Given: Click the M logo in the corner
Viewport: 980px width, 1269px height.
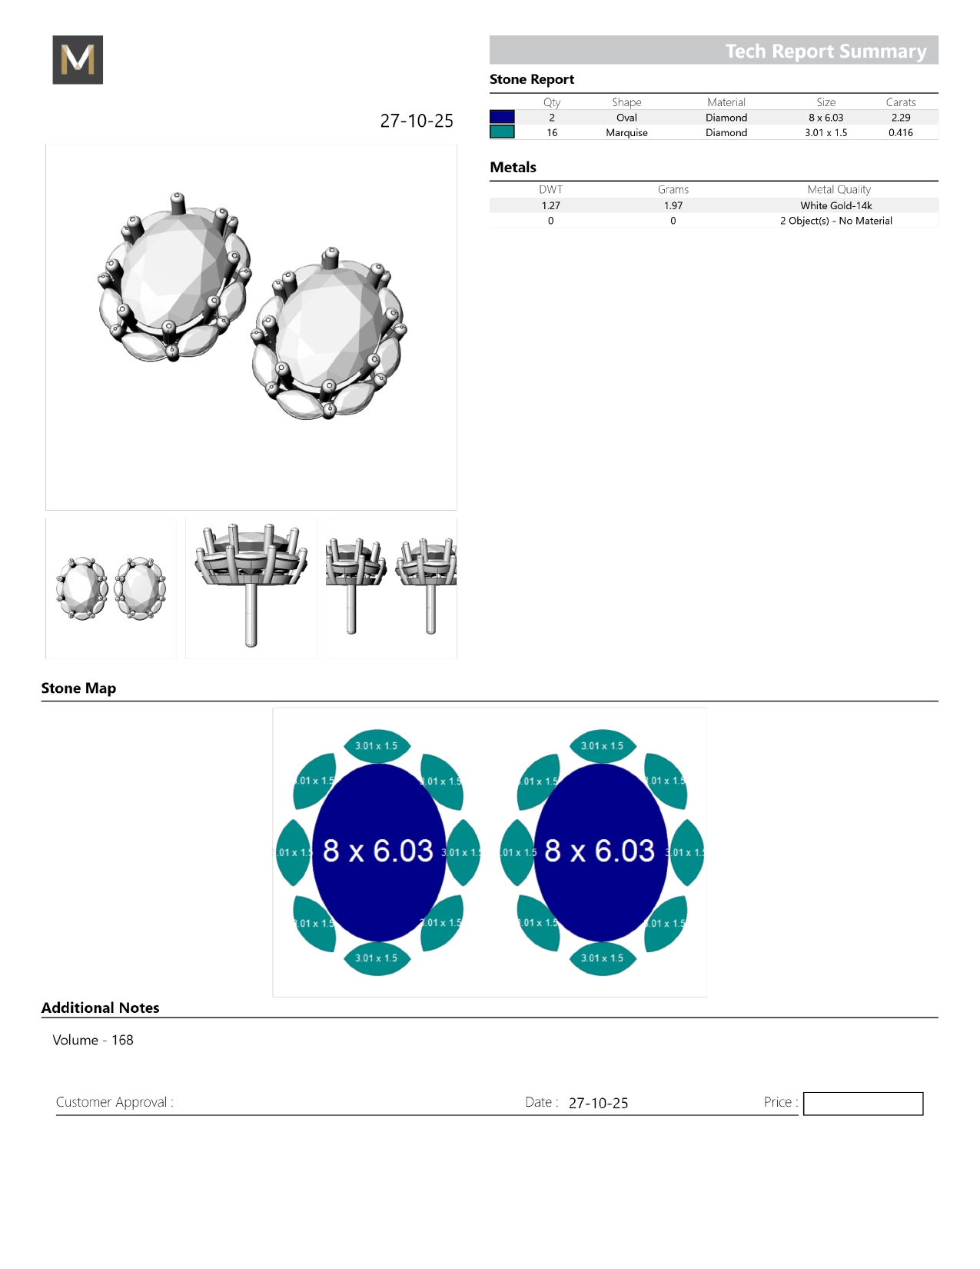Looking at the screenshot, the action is tap(78, 59).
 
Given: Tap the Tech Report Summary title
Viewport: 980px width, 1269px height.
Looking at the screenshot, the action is tap(826, 51).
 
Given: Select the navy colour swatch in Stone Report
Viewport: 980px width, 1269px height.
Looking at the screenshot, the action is tap(502, 117).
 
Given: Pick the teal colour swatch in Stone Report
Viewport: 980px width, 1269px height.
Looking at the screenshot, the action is tap(502, 132).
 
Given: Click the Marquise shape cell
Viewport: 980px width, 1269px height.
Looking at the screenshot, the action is tap(626, 132).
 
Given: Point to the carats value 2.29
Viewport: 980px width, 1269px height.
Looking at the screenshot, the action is tap(901, 118).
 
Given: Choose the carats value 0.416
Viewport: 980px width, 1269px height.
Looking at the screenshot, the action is tap(901, 132).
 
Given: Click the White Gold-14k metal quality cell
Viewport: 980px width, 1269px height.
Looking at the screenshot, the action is tap(835, 205).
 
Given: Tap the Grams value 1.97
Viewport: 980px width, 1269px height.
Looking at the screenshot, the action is tap(673, 205).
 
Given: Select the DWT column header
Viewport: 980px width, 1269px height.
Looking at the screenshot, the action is tap(550, 189).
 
